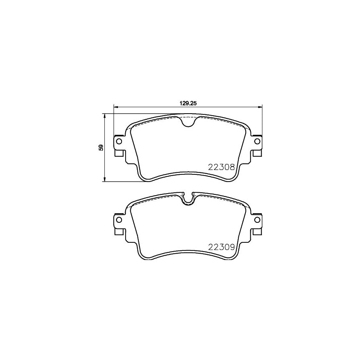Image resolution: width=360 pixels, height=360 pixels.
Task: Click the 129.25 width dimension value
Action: [x=188, y=103]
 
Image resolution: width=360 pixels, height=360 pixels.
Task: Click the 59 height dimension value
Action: [x=101, y=147]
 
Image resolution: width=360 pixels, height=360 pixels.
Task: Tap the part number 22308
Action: [x=221, y=167]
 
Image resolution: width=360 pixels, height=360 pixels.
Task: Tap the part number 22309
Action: [x=221, y=247]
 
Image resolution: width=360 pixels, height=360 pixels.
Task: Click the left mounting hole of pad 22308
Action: [x=119, y=141]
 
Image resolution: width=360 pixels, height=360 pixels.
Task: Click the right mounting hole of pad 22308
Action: [x=257, y=141]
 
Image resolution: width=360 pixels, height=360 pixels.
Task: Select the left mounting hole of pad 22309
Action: [x=119, y=220]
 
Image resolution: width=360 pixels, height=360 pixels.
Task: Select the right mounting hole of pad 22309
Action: [x=257, y=220]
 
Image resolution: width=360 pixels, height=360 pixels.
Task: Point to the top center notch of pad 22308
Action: [x=188, y=122]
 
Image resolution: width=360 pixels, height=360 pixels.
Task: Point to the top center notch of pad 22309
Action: [x=188, y=199]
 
